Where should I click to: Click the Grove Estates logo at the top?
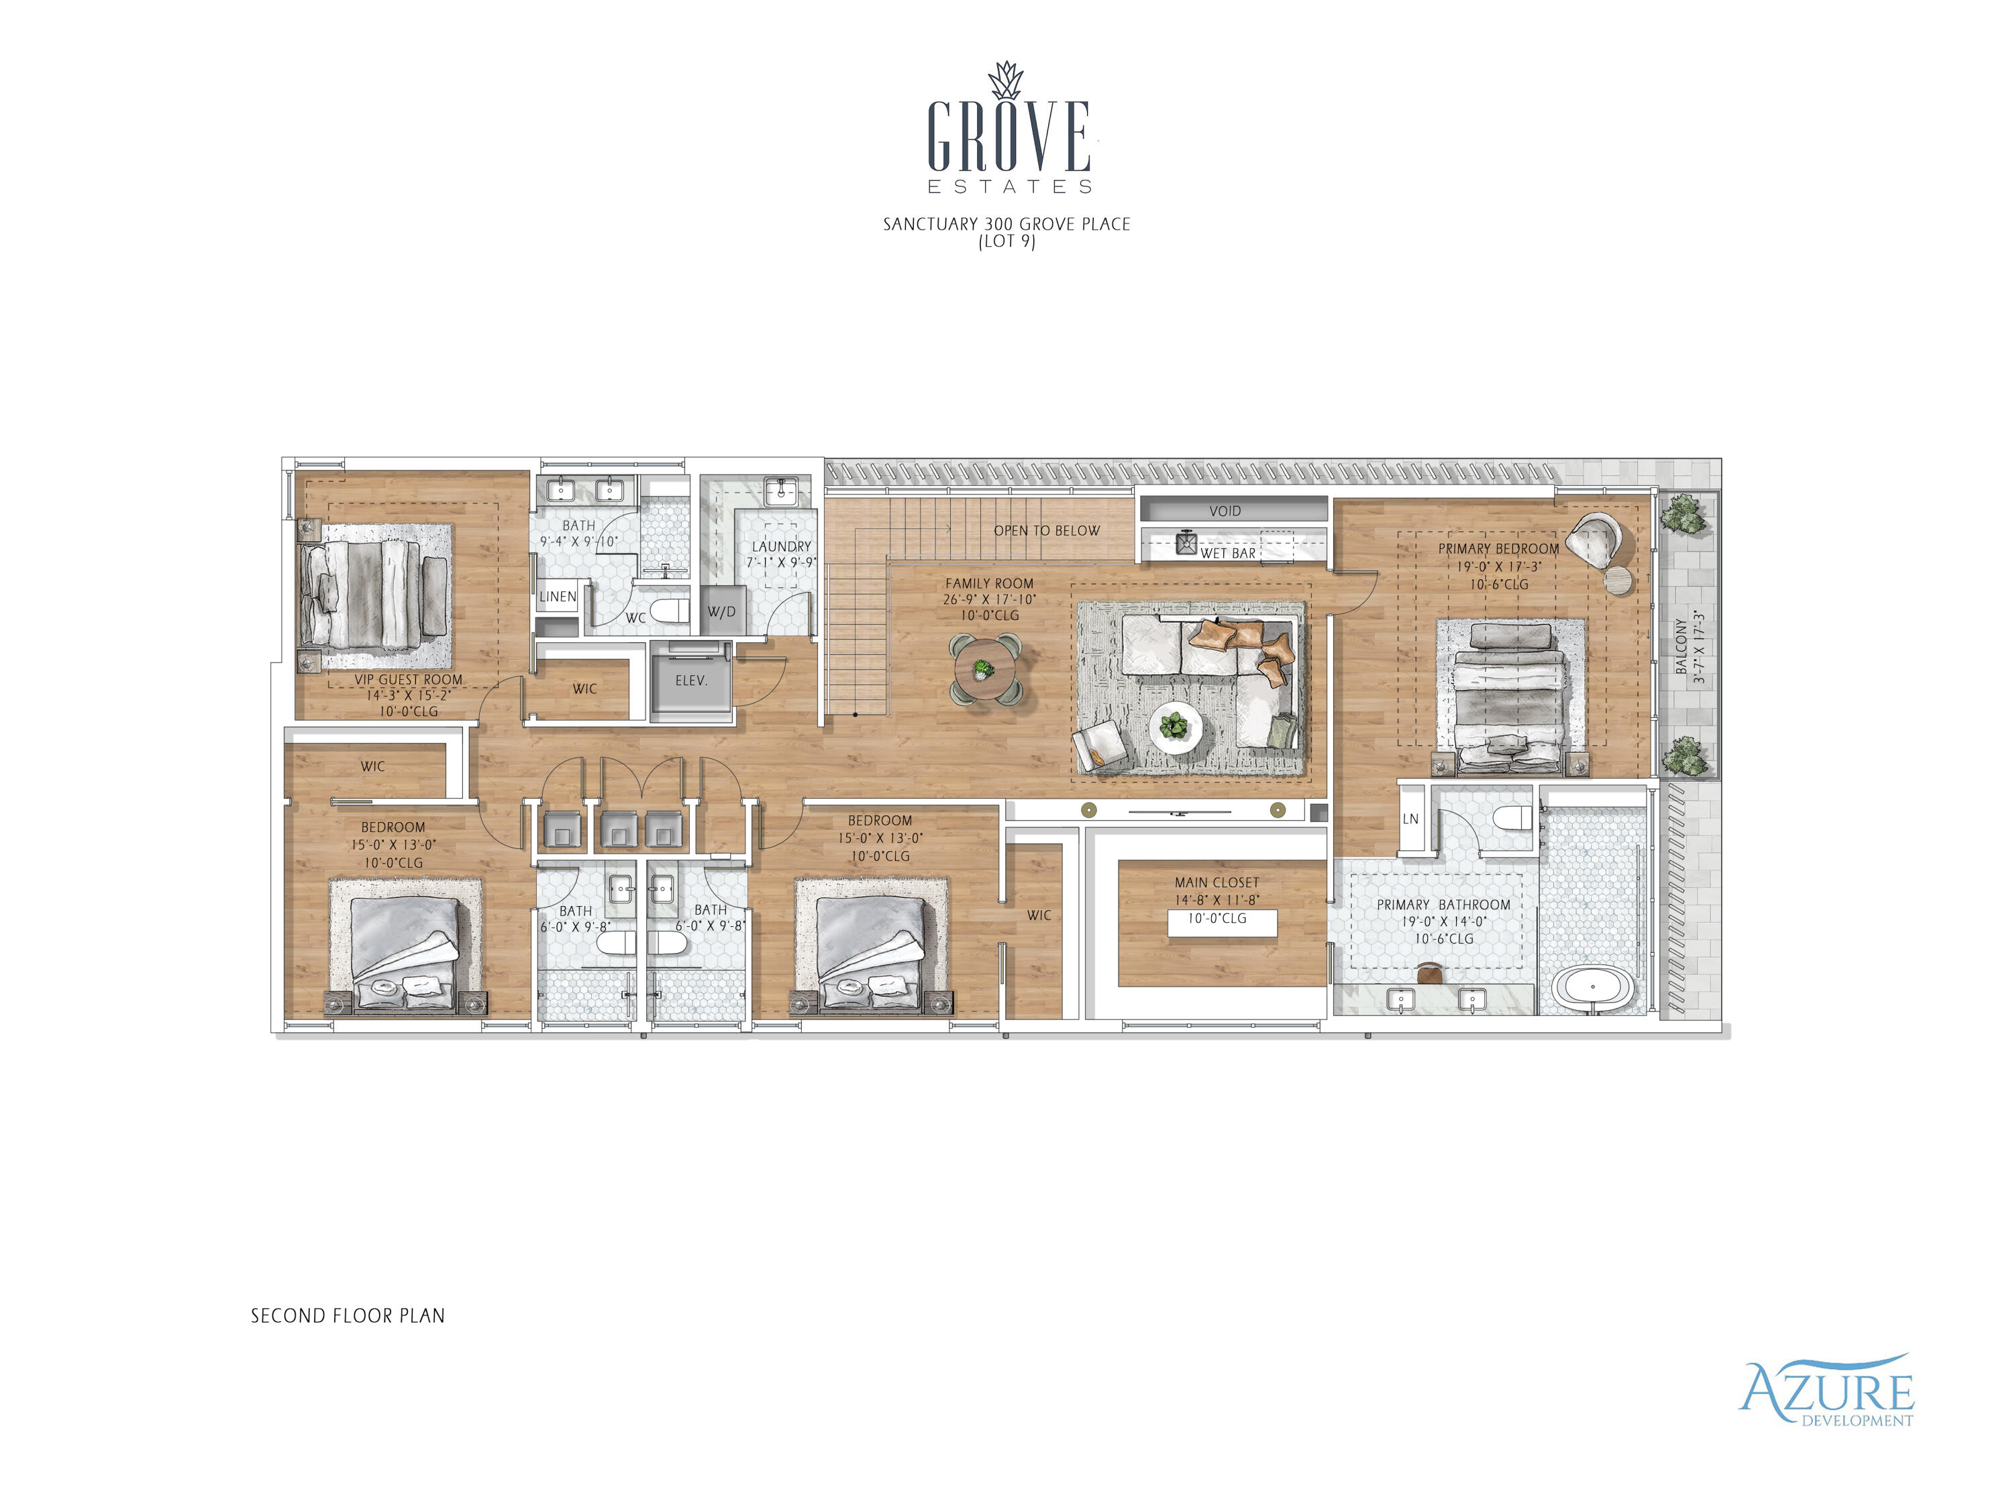pos(1009,132)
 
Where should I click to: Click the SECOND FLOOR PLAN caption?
pos(348,1316)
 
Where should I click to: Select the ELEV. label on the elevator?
pos(690,681)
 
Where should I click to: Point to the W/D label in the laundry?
pos(721,611)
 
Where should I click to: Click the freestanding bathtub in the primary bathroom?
pos(1592,989)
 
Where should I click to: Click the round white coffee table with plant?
pos(1175,727)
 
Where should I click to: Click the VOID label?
pos(1225,511)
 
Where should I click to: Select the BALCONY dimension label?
pos(1689,647)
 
